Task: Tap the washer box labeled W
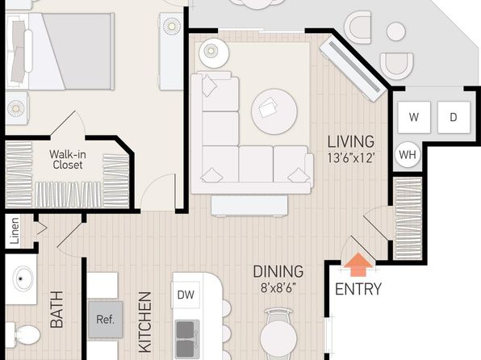pyautogui.click(x=414, y=117)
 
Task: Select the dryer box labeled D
pyautogui.click(x=454, y=117)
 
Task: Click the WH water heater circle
pyautogui.click(x=408, y=155)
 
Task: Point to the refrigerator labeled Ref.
pyautogui.click(x=106, y=320)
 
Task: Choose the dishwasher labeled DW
pyautogui.click(x=186, y=295)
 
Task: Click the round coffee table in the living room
pyautogui.click(x=274, y=111)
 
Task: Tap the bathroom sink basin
pyautogui.click(x=23, y=278)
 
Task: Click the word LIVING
pyautogui.click(x=351, y=141)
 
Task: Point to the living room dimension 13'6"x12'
pyautogui.click(x=351, y=157)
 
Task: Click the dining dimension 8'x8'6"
pyautogui.click(x=278, y=288)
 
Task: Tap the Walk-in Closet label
pyautogui.click(x=68, y=159)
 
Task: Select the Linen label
pyautogui.click(x=15, y=231)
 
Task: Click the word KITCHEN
pyautogui.click(x=145, y=322)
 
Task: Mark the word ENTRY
pyautogui.click(x=358, y=289)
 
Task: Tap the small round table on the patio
pyautogui.click(x=396, y=31)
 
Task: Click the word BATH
pyautogui.click(x=56, y=309)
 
